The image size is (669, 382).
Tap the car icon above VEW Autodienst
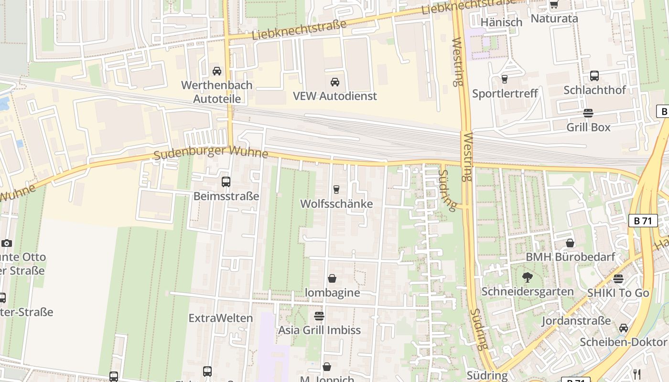coord(335,82)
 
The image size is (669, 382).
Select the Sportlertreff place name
coord(505,93)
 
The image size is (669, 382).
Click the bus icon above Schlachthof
coord(594,76)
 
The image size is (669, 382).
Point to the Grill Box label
coord(588,127)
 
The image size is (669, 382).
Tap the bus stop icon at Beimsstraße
coord(226,182)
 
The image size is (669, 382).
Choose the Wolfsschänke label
coord(336,204)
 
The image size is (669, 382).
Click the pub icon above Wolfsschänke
coord(336,190)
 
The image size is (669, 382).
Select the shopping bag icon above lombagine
coord(332,278)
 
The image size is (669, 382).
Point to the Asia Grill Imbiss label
coord(319,330)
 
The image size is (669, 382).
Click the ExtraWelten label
coord(220,318)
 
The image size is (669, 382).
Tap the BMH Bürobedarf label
coord(570,257)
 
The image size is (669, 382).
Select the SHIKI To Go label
coord(618,293)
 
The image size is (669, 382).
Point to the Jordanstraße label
coord(576,320)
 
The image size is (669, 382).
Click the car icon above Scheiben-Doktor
coord(623,328)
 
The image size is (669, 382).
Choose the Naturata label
coord(554,19)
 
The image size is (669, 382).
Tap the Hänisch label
coord(501,22)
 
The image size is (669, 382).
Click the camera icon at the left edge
coord(7,243)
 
